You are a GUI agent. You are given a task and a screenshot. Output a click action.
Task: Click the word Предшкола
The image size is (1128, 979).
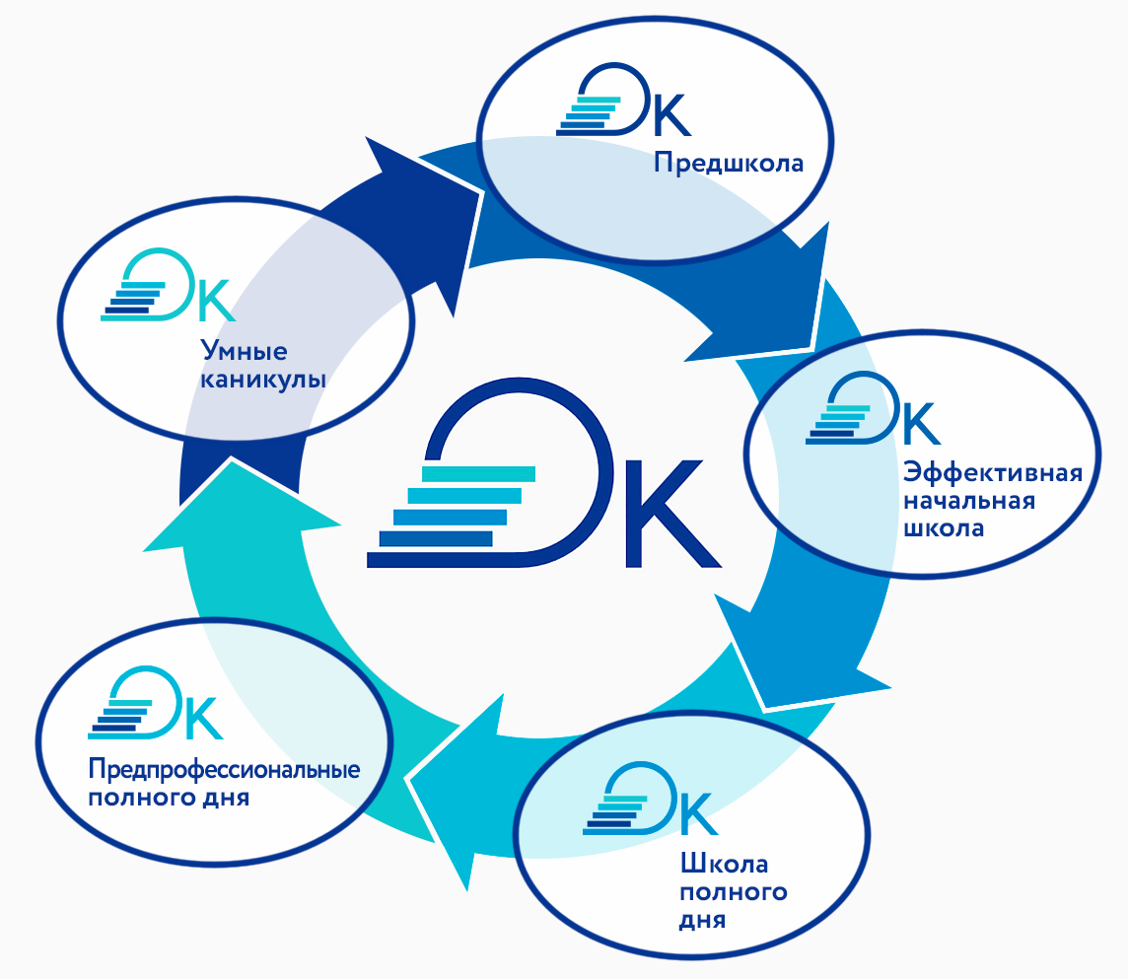(x=729, y=163)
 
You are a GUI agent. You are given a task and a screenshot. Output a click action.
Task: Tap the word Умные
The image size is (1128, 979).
(x=244, y=350)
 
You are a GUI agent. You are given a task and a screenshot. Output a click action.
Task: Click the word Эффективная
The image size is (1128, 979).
(x=993, y=471)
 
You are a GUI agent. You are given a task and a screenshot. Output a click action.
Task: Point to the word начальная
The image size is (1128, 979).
(x=968, y=500)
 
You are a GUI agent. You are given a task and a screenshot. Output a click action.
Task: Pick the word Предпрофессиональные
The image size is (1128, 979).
(x=224, y=769)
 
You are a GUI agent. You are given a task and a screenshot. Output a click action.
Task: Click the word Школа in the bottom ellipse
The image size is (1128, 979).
(x=724, y=865)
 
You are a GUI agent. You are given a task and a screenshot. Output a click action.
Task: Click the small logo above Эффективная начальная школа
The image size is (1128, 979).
(x=874, y=410)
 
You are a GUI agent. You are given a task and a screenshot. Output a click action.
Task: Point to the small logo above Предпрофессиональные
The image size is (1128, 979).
(x=156, y=705)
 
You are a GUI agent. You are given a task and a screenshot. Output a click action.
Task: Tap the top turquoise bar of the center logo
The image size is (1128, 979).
(x=478, y=474)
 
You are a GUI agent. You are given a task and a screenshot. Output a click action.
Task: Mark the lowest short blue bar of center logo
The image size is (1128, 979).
(x=435, y=538)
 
